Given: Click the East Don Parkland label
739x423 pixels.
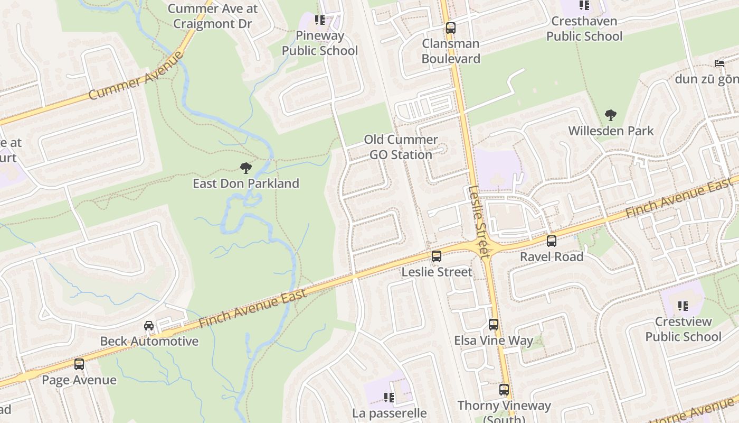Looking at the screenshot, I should [x=245, y=183].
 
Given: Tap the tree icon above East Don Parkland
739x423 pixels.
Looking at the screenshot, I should [x=245, y=169].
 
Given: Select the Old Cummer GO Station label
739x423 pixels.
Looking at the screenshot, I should [x=401, y=147].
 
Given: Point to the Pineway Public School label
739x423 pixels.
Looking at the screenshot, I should [x=319, y=43].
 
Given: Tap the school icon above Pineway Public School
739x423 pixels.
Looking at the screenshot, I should [x=320, y=20].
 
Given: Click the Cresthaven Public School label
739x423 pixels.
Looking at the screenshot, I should [x=584, y=29].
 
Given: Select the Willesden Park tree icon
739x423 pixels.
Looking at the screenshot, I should [x=611, y=115].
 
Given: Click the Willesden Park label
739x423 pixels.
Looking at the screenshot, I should [x=611, y=131].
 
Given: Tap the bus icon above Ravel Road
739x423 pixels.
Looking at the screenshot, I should [x=552, y=241].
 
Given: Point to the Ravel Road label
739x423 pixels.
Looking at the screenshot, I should [x=552, y=256].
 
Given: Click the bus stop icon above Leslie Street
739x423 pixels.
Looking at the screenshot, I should [x=437, y=256].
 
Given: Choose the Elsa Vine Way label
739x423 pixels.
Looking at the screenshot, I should [x=494, y=340].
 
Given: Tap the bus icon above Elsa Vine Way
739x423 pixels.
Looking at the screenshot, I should [x=494, y=325].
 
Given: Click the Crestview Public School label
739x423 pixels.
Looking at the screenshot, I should [x=683, y=329].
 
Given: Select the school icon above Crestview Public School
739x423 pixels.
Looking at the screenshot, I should [x=683, y=306].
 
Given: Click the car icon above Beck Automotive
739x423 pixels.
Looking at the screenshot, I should [x=149, y=326].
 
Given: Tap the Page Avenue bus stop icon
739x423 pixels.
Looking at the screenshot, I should [x=79, y=364].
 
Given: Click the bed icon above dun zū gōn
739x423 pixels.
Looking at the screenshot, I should [x=719, y=63].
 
